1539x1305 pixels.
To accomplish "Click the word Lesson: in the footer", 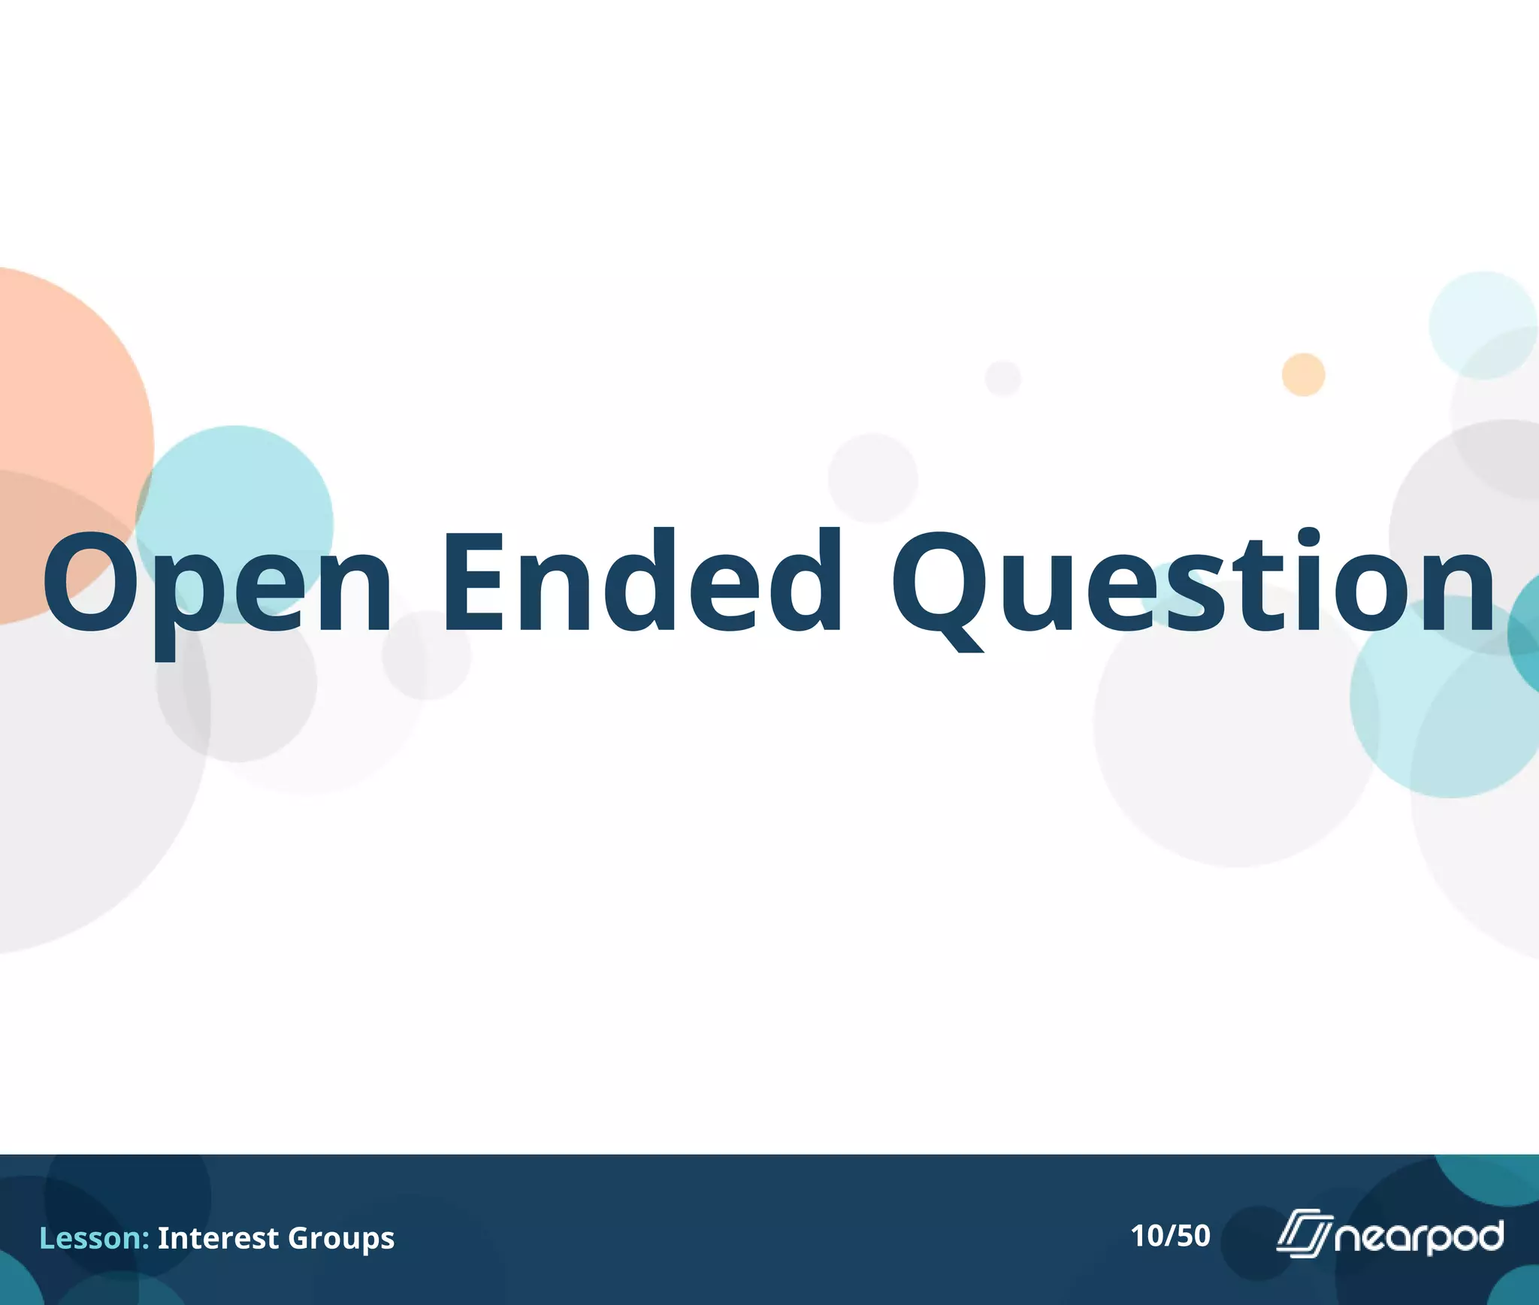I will [94, 1237].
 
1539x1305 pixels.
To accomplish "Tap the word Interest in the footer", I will [218, 1237].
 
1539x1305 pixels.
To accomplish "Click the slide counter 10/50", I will [1170, 1236].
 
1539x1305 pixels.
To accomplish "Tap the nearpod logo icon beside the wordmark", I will [1304, 1234].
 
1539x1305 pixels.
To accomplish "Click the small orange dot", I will [1303, 374].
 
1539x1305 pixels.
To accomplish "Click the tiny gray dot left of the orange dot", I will [1002, 377].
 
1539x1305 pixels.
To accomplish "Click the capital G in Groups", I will [300, 1237].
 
